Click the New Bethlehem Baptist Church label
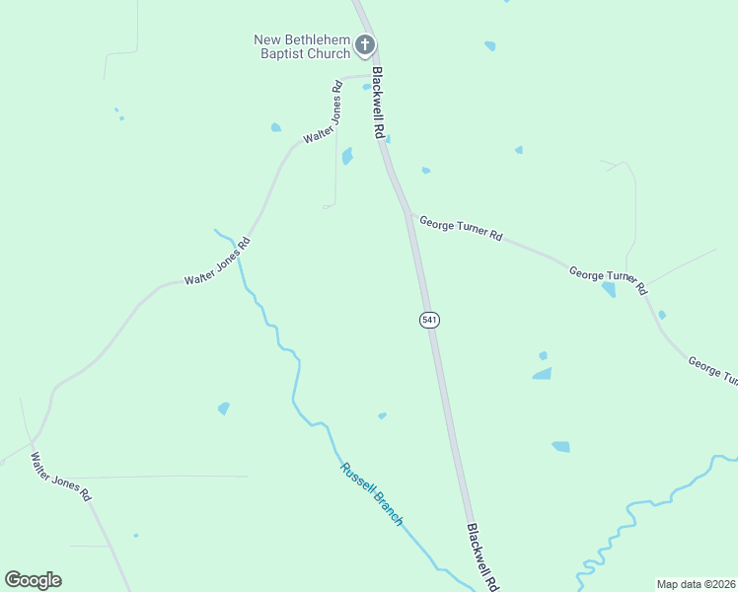(x=302, y=46)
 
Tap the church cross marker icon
(x=365, y=44)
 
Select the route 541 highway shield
(x=429, y=320)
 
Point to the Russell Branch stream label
(x=372, y=493)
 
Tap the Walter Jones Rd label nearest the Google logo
(x=60, y=478)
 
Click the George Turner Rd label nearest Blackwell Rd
(x=461, y=230)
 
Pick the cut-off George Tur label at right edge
(x=712, y=371)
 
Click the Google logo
(x=33, y=580)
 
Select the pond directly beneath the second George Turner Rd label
(x=608, y=289)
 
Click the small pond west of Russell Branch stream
(x=224, y=407)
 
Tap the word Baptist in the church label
(x=278, y=53)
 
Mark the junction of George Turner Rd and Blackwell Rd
(x=409, y=213)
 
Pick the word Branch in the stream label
(x=388, y=509)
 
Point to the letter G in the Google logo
(x=13, y=579)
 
